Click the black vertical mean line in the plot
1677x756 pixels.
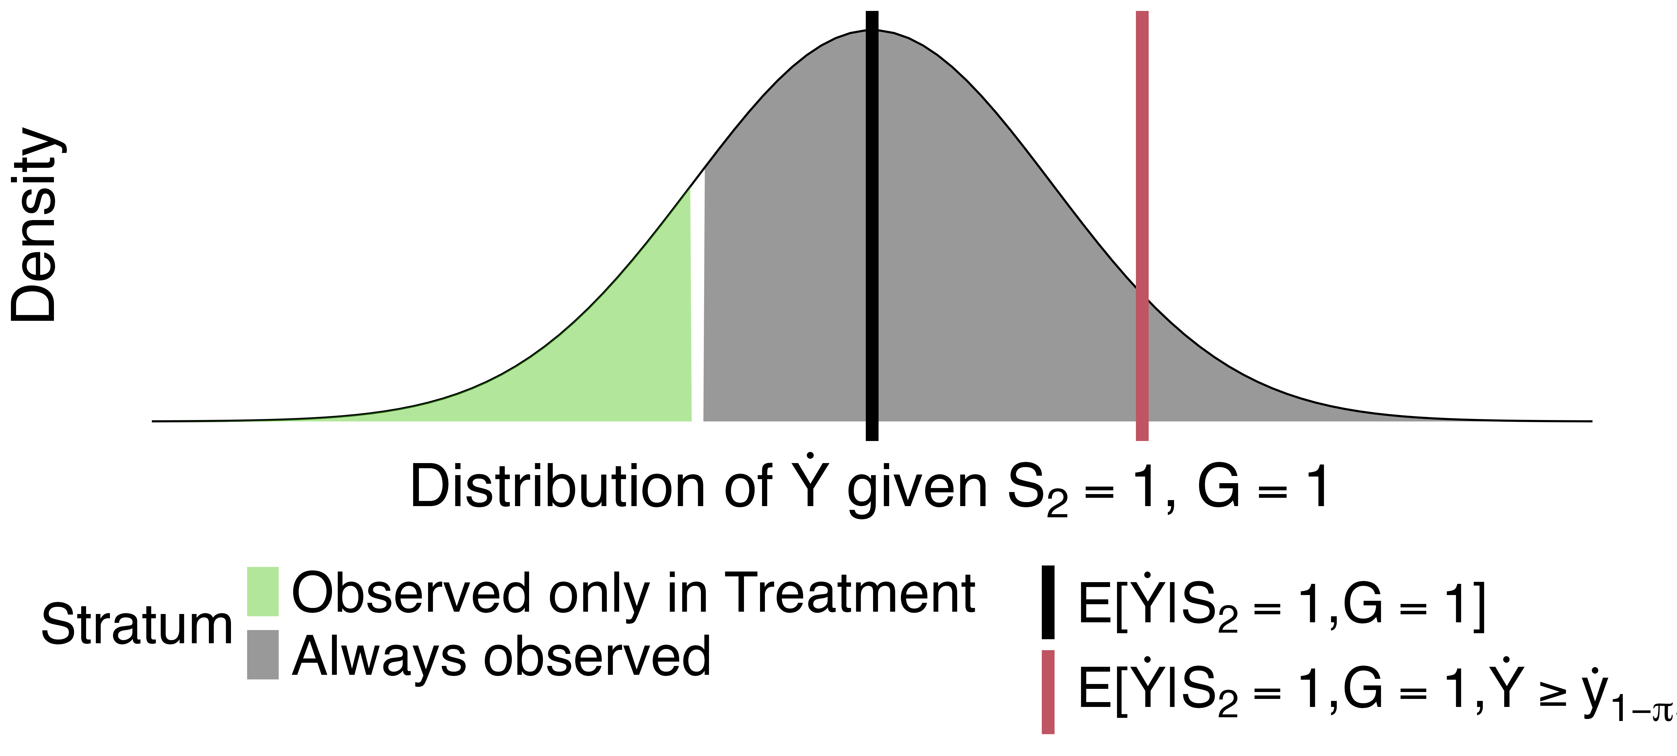(872, 228)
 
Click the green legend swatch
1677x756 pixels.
(262, 591)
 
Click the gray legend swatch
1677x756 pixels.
(262, 654)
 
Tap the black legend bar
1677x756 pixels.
(1048, 602)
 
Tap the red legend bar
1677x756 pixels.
(1048, 691)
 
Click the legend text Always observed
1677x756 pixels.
(501, 656)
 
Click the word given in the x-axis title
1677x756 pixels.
(918, 488)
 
